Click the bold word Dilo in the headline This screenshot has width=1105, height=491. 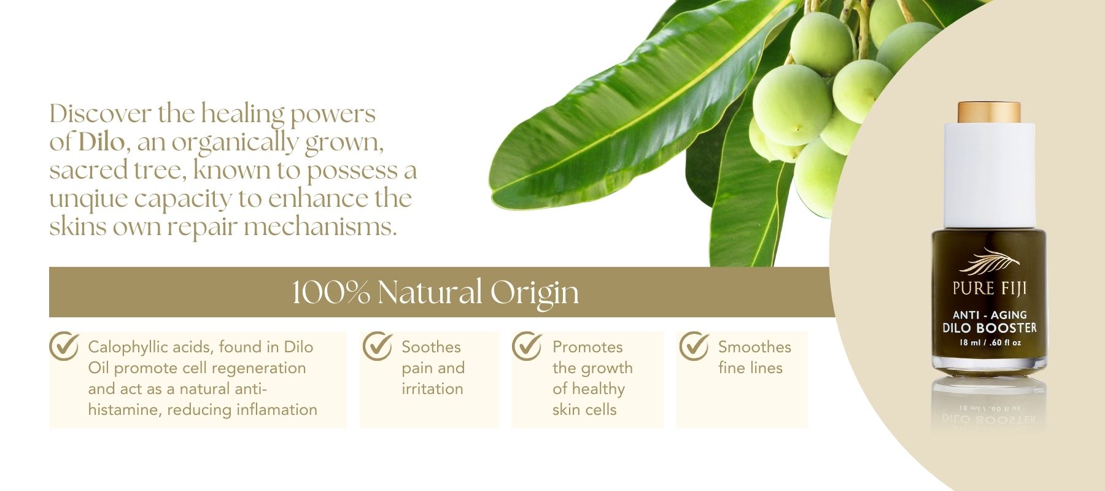(x=101, y=142)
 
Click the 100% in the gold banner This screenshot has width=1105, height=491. (x=330, y=292)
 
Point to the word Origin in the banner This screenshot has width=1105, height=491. (x=534, y=293)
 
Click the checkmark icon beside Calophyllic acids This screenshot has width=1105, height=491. (x=64, y=346)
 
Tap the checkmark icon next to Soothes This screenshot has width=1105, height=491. (x=377, y=346)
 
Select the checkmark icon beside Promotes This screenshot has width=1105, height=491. (x=527, y=346)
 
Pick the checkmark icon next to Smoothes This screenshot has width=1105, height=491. (x=694, y=346)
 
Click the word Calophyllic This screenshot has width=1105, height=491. (x=128, y=347)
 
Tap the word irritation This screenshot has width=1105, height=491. (x=432, y=389)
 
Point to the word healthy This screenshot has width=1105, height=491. (x=597, y=389)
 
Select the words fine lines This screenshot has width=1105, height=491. (x=750, y=368)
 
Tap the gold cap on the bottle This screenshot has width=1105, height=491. (x=989, y=112)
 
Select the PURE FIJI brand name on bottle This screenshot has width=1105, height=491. (x=990, y=288)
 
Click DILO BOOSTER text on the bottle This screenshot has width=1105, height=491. (x=990, y=328)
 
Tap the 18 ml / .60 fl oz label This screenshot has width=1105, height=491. (x=990, y=342)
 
